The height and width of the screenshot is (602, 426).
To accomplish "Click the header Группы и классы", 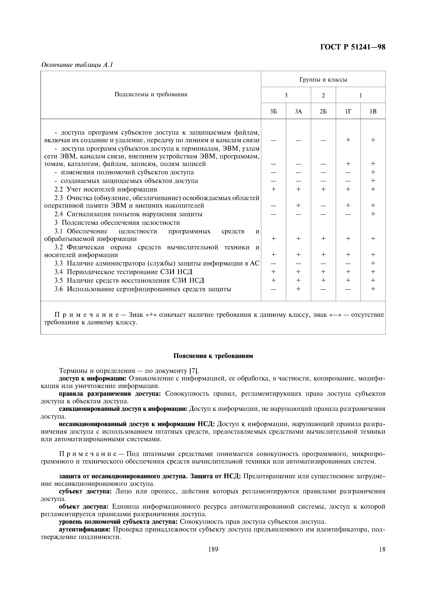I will [x=323, y=79].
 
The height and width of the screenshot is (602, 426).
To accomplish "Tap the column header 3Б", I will [x=274, y=111].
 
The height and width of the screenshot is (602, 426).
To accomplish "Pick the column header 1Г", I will [x=348, y=111].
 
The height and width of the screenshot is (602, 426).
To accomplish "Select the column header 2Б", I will [x=323, y=111].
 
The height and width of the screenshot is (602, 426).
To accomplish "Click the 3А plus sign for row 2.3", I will [x=298, y=205].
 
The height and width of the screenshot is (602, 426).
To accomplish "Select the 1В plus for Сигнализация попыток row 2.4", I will [x=373, y=214].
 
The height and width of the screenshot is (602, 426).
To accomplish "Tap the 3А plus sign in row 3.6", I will [x=298, y=289].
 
